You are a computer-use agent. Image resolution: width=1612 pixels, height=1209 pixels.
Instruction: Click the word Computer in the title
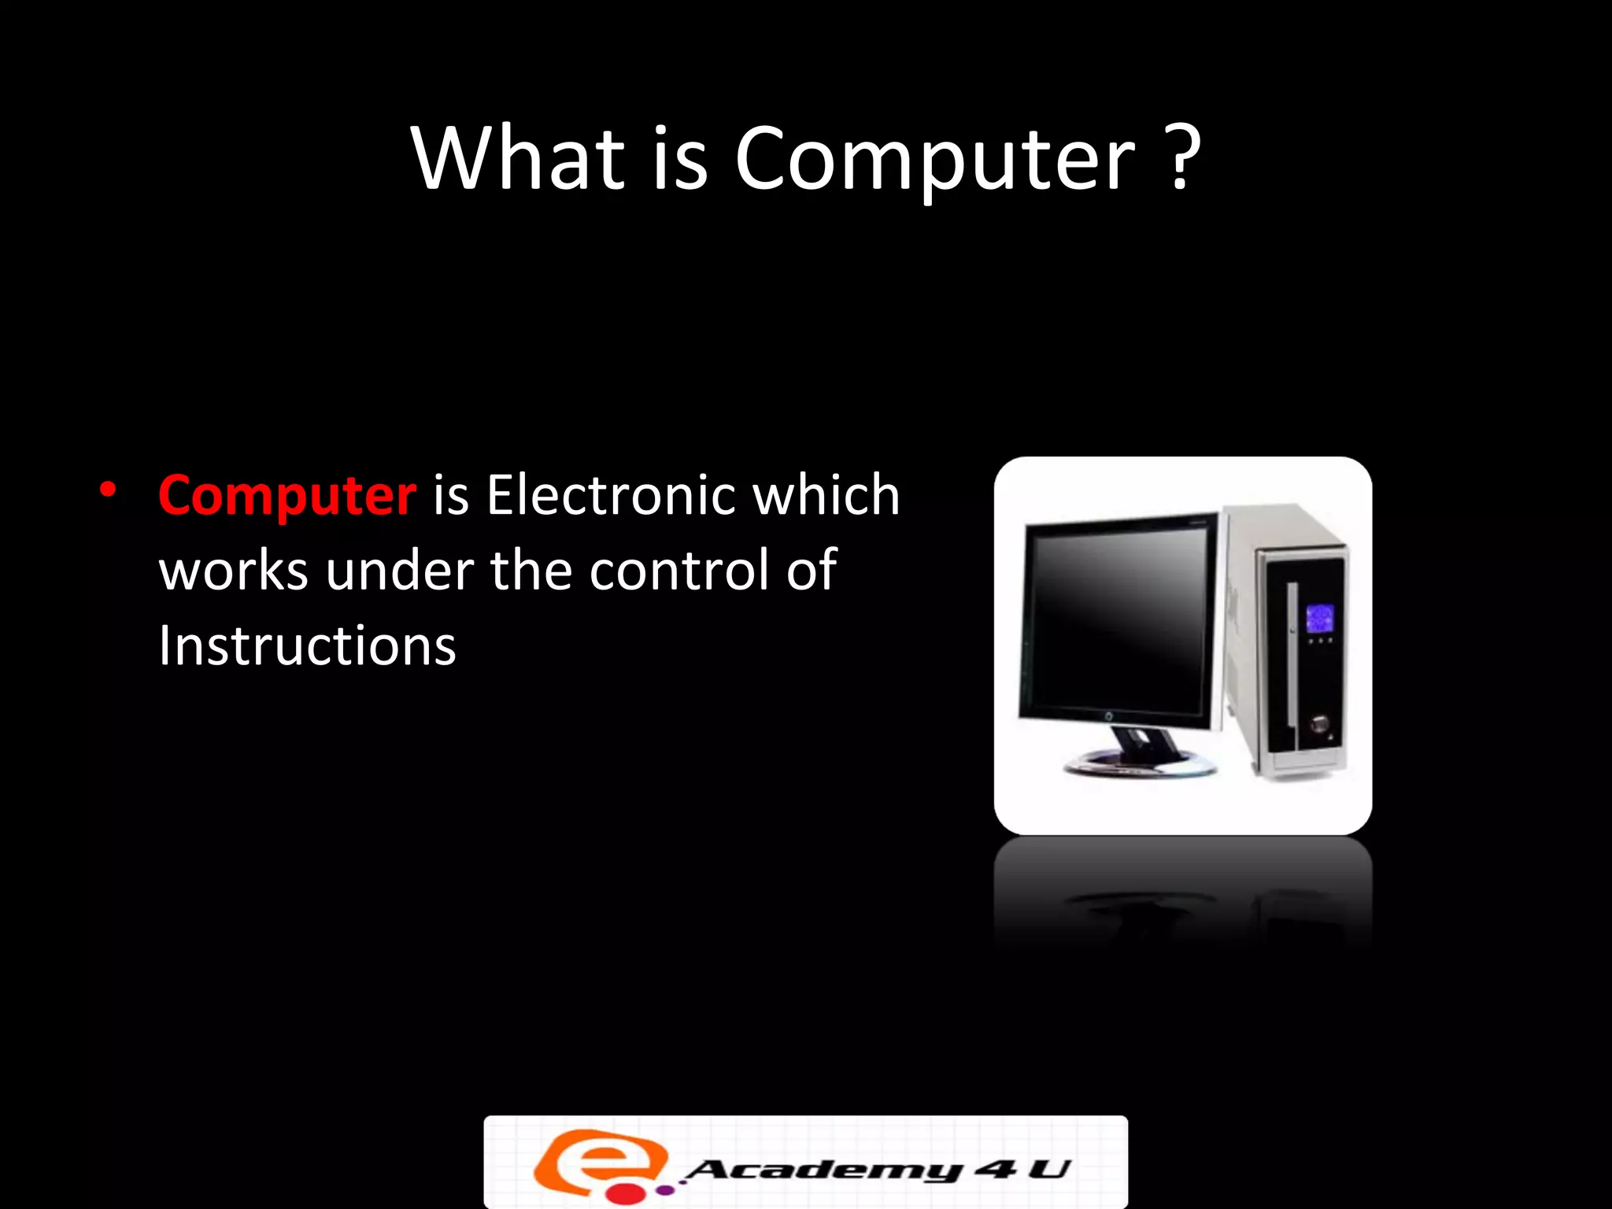935,160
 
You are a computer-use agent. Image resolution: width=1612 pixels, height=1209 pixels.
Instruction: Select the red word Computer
287,497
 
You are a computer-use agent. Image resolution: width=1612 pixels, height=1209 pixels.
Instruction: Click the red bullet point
109,490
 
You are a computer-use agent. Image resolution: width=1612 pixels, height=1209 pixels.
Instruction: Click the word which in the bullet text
826,495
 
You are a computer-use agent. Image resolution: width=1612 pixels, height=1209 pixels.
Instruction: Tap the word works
233,571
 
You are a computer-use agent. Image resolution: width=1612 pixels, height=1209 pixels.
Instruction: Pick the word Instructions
307,646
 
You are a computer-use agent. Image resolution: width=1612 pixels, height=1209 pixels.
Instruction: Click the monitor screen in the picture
1118,622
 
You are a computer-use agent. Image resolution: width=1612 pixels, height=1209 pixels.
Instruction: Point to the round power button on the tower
1319,723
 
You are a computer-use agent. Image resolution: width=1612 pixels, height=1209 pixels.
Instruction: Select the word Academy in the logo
823,1170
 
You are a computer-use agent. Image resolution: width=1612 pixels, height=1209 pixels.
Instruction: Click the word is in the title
680,159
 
